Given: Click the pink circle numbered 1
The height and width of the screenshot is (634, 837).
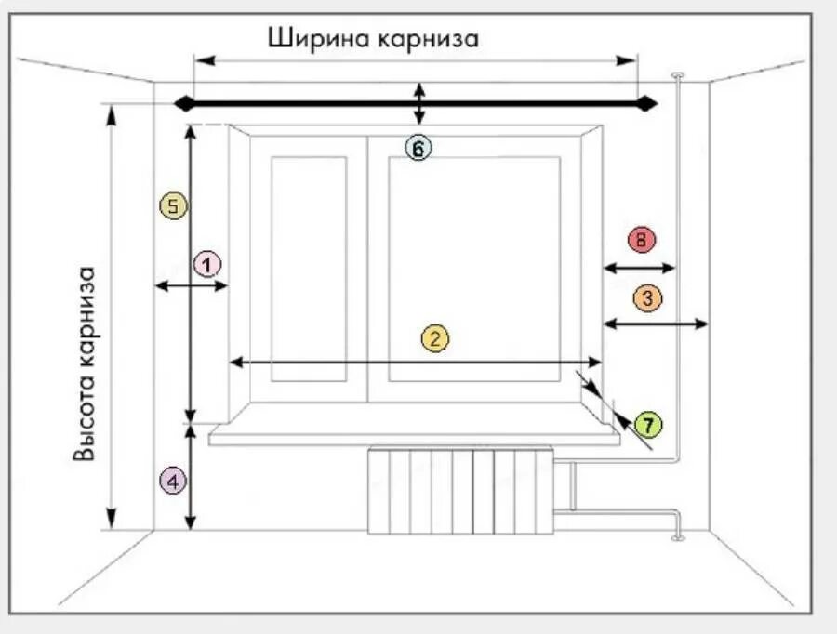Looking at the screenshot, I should coord(207,264).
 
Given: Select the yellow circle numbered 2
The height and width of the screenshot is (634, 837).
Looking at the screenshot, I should coord(434,339).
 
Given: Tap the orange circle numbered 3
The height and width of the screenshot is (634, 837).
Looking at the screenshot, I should coord(647,298).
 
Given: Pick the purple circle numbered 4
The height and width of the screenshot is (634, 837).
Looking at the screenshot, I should coord(173,482).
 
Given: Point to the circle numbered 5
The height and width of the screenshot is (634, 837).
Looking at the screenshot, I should coord(173,205).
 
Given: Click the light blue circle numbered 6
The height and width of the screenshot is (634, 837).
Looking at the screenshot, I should coord(418,148).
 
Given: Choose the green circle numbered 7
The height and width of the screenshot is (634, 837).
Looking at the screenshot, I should coord(648,425).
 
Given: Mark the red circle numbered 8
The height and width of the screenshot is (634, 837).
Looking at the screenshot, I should coord(641,240).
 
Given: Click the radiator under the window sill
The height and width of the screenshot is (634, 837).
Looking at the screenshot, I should coord(461,491).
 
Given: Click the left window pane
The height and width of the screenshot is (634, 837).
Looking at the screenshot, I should coord(310,268).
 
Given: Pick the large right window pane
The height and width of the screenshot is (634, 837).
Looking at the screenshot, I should coord(474,268).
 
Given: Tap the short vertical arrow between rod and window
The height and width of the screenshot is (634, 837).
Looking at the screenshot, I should coord(420,103).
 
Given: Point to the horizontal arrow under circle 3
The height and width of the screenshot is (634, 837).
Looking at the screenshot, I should coord(656,324).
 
